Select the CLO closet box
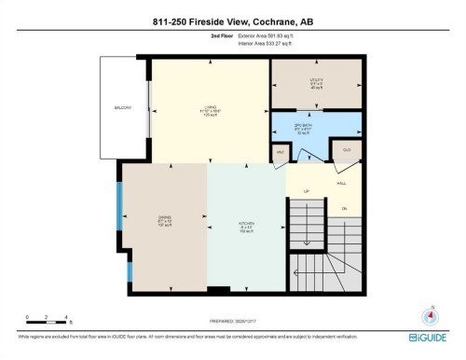click(x=346, y=150)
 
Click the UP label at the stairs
click(x=307, y=192)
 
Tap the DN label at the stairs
click(x=344, y=208)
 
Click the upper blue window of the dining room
click(x=118, y=205)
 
